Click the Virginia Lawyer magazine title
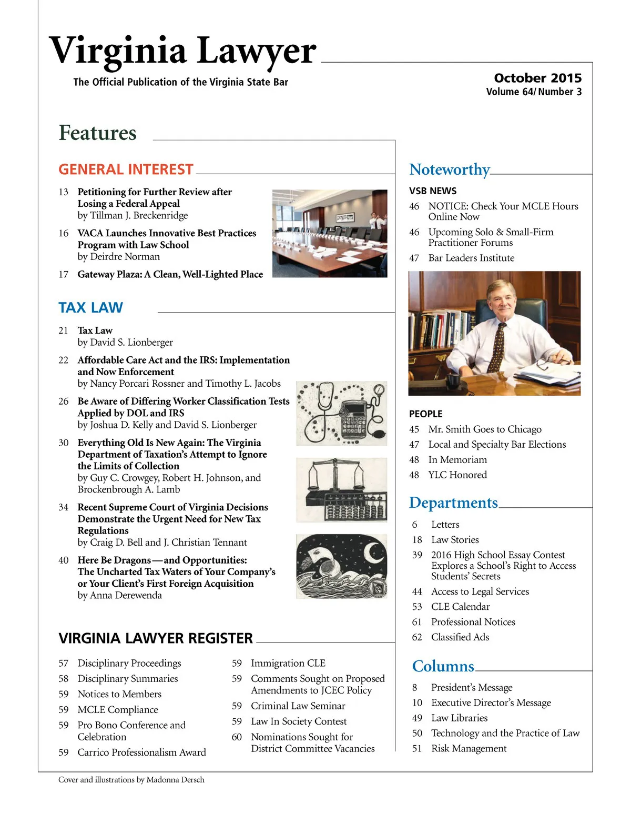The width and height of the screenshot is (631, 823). pos(182,52)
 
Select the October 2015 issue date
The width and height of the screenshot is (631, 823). pos(537,78)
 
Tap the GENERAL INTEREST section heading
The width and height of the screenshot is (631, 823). pos(126,169)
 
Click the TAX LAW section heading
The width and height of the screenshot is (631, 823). pos(90,307)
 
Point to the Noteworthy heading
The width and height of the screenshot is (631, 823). pos(449,169)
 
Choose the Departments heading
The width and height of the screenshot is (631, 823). pos(453,503)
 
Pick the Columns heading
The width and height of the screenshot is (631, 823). pos(443,666)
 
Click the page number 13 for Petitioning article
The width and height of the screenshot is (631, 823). pos(64,192)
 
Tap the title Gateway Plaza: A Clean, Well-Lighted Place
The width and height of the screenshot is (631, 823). pos(170,274)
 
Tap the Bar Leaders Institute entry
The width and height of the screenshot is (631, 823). pos(471,258)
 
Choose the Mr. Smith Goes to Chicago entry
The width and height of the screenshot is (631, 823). pos(484,429)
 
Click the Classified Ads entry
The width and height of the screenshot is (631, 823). pos(460,637)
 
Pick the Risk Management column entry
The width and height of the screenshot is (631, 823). pos(469,748)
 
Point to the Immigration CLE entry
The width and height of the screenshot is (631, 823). pos(288,663)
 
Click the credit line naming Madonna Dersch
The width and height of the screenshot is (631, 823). pos(131,780)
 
